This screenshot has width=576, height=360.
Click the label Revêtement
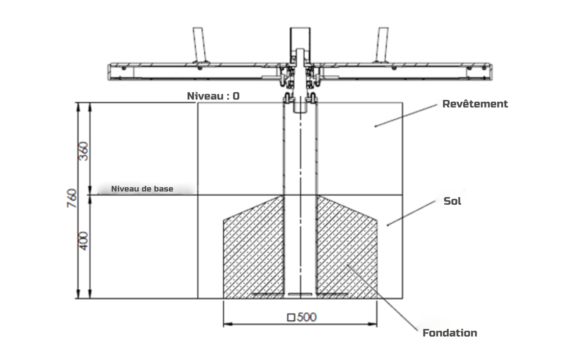(x=475, y=104)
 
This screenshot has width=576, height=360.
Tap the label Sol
(x=453, y=201)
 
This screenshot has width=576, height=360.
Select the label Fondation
(x=450, y=333)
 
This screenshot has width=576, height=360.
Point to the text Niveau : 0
(x=213, y=96)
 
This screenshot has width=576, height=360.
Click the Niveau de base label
(x=142, y=189)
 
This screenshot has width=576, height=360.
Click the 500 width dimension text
(x=306, y=317)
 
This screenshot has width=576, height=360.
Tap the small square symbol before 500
(x=291, y=318)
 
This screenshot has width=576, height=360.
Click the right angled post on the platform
(x=381, y=45)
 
